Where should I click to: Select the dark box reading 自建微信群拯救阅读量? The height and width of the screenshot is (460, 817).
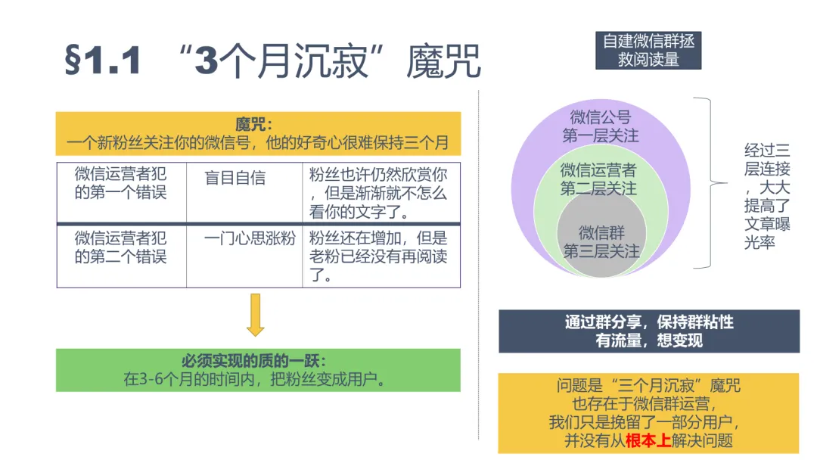coord(648,50)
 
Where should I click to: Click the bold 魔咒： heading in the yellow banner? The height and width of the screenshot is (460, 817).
coord(257,123)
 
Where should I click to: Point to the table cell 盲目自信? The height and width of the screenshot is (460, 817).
coord(235,178)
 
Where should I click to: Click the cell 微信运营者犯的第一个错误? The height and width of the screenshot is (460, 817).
coord(121,183)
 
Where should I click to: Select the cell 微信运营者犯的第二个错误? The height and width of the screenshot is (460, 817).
coord(121,247)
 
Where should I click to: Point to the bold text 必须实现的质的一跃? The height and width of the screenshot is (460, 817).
coord(257,361)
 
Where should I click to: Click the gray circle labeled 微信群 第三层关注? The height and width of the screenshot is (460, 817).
coord(601,241)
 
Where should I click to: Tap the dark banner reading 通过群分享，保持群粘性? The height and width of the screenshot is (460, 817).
coord(648,322)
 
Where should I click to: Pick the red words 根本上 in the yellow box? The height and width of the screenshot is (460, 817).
coord(648,440)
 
